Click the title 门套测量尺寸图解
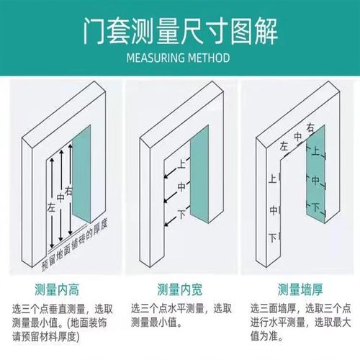tap(180, 32)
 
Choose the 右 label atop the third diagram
tap(311, 127)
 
